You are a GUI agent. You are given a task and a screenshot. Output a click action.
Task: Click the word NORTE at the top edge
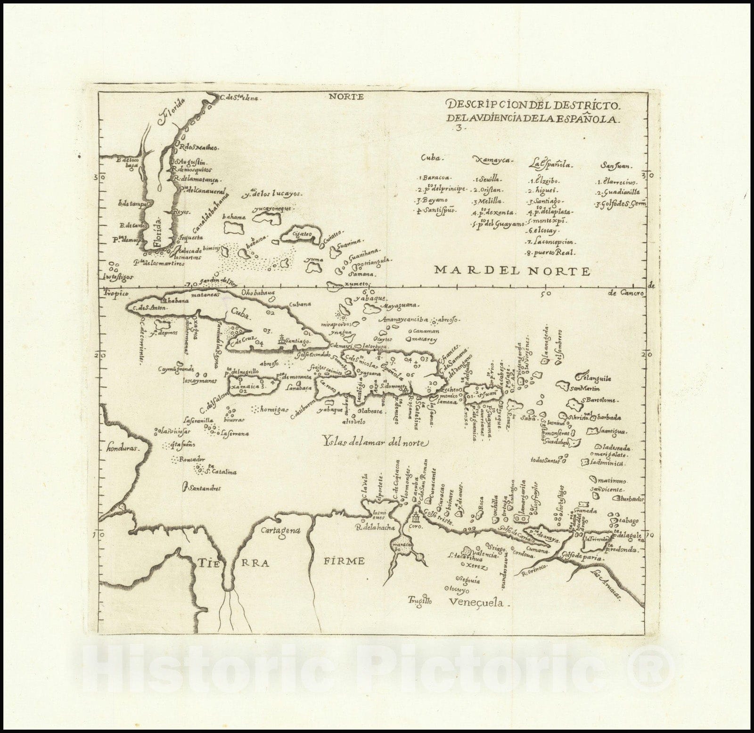pos(345,97)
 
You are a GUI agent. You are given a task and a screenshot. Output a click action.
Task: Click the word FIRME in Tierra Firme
pos(345,561)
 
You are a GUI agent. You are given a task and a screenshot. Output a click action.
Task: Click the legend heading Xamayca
pos(492,161)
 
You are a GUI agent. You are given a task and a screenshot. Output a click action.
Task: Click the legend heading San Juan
pos(617,165)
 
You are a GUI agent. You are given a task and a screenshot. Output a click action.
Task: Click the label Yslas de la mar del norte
pos(375,442)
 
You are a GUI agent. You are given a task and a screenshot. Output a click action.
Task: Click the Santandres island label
pos(204,489)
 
